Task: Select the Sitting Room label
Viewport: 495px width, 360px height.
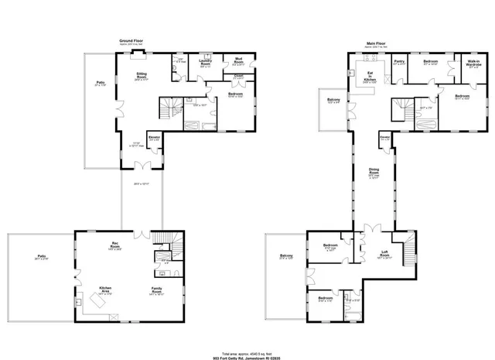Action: (142, 74)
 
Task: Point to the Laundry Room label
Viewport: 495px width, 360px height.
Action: (205, 61)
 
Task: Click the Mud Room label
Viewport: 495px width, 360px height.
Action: (238, 61)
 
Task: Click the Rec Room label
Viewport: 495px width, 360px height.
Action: (114, 245)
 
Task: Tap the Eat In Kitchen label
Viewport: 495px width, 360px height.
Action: (370, 76)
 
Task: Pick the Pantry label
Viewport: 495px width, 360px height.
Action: (399, 61)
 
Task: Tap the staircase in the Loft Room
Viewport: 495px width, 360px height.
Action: (405, 245)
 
